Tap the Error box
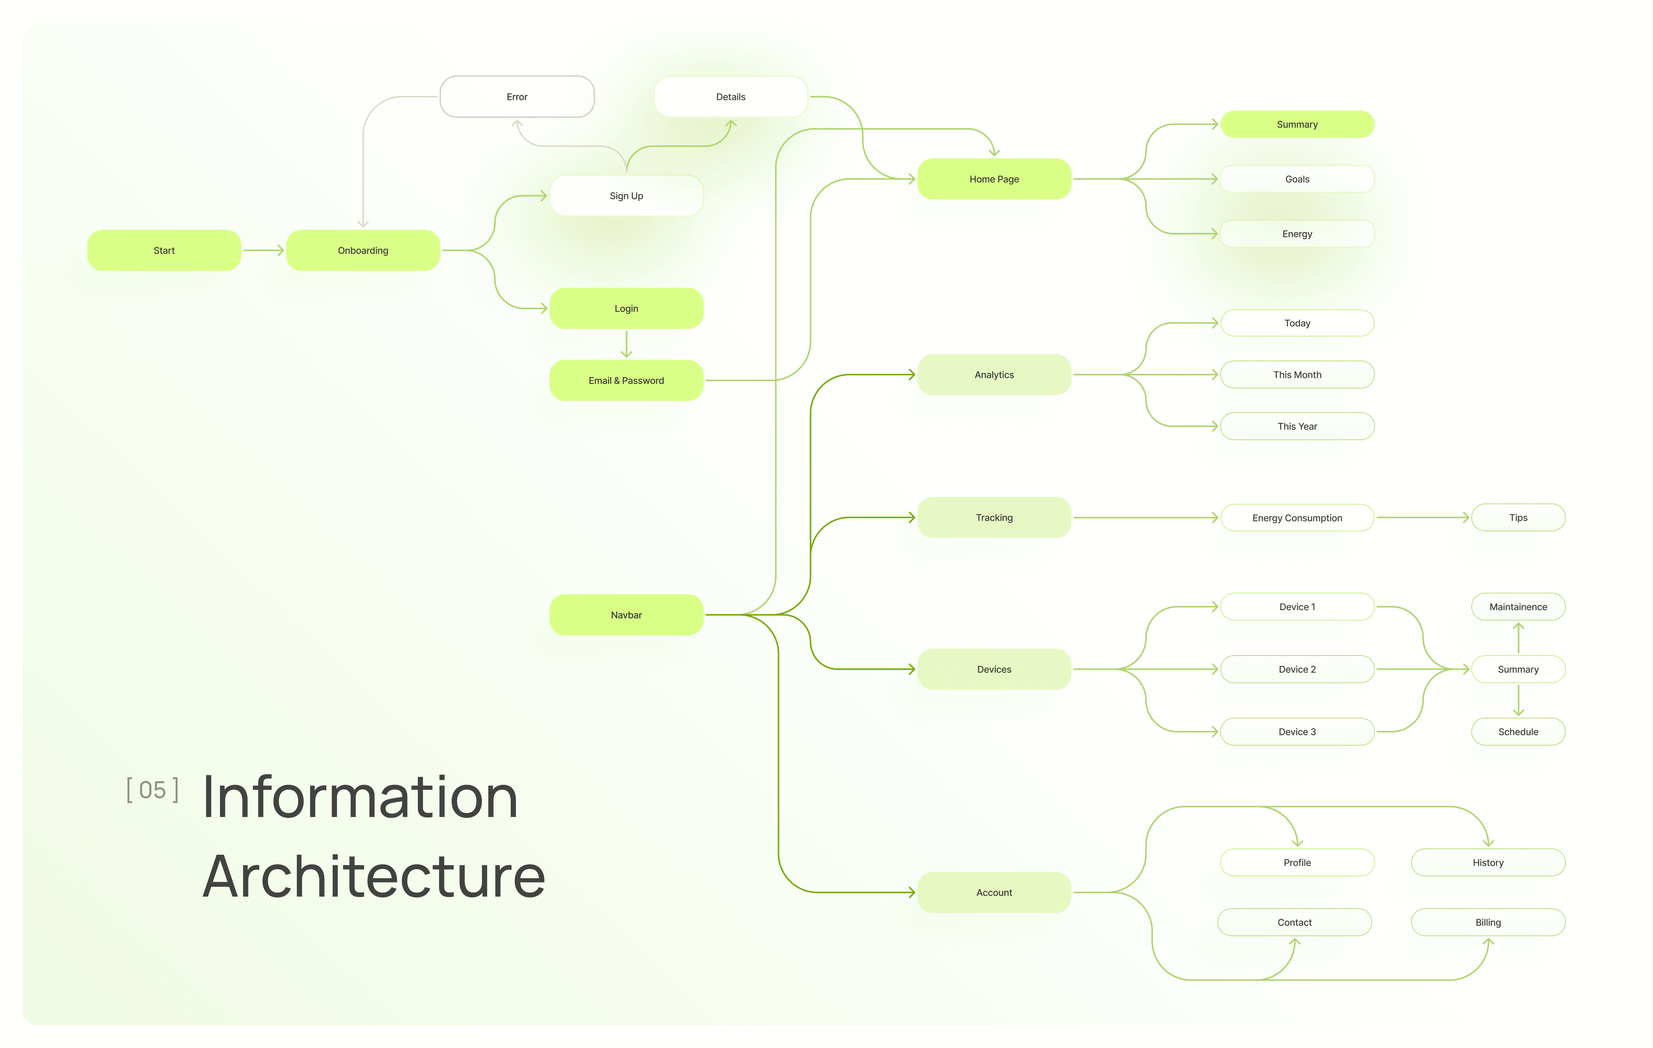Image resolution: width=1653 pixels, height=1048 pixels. click(517, 97)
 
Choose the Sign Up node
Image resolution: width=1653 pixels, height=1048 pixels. click(626, 196)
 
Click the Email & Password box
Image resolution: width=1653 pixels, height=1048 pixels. click(626, 380)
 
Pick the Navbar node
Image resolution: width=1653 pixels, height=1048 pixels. click(626, 615)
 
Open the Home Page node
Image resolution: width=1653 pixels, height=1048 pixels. click(994, 179)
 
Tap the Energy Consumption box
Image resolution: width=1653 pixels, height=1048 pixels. click(1297, 518)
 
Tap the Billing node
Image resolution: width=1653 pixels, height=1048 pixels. click(1488, 922)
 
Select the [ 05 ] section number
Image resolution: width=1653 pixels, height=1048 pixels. click(152, 790)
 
